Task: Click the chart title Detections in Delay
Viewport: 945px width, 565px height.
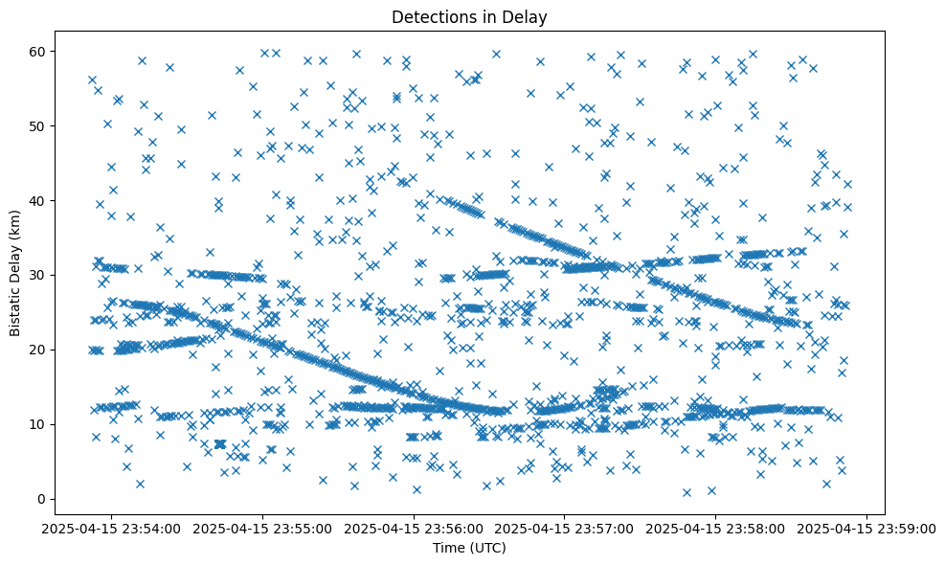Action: tap(469, 16)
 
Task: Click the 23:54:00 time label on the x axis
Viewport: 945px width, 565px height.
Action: tap(113, 528)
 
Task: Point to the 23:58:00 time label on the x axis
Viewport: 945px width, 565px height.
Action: tap(718, 528)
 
